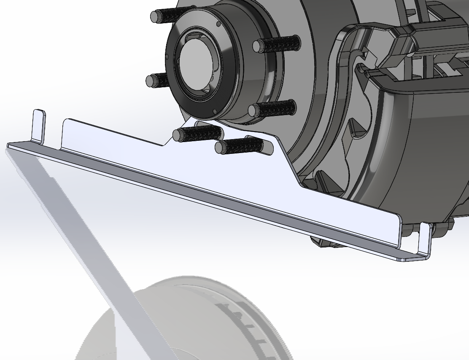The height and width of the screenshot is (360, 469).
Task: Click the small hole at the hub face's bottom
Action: point(215,112)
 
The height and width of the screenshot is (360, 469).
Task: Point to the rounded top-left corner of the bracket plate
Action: point(67,123)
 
